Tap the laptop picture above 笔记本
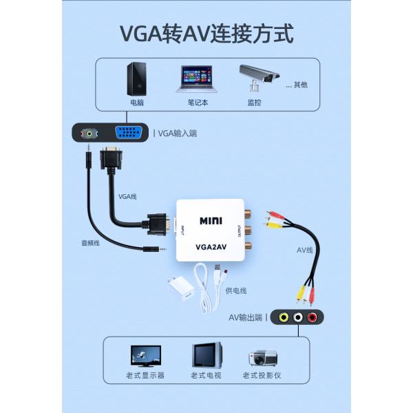[x=197, y=78]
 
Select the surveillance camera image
[x=258, y=78]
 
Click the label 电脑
[x=137, y=103]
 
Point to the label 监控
[x=254, y=103]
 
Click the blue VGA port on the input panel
[x=129, y=133]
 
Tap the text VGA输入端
[x=178, y=134]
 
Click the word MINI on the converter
[x=211, y=221]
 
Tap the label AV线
[x=304, y=250]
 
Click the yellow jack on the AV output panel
[x=284, y=317]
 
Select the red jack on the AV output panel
[x=313, y=317]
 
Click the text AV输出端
[x=246, y=317]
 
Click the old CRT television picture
[x=206, y=356]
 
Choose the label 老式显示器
[x=145, y=376]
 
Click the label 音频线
[x=91, y=243]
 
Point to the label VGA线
[x=127, y=196]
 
